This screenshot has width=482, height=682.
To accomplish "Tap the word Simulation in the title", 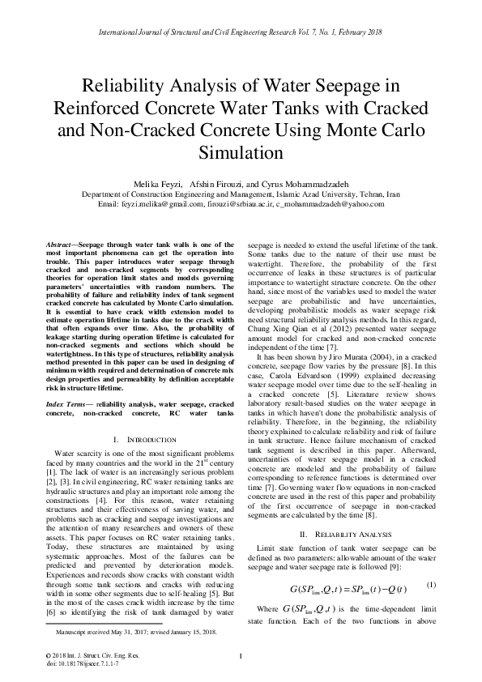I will [240, 152].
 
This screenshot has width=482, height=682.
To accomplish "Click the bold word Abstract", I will [58, 243].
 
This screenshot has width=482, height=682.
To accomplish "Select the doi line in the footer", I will [70, 663].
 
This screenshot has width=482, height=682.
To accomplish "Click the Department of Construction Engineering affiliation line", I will [241, 195].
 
